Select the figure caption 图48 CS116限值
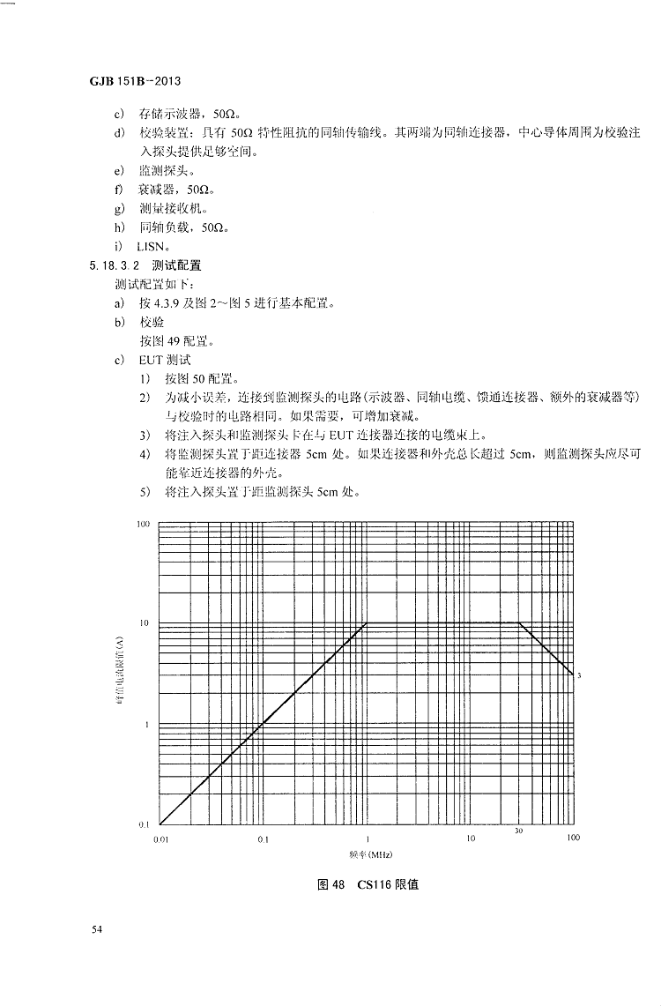tap(368, 884)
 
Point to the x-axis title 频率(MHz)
tap(365, 855)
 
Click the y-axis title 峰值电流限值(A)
tap(124, 674)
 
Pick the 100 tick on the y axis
tap(144, 524)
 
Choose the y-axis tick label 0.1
tap(144, 824)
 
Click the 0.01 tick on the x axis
tap(160, 838)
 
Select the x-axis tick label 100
tap(573, 838)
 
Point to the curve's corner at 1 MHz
tap(367, 623)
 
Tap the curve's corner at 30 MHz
tap(519, 623)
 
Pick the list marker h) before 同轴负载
tap(119, 227)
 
